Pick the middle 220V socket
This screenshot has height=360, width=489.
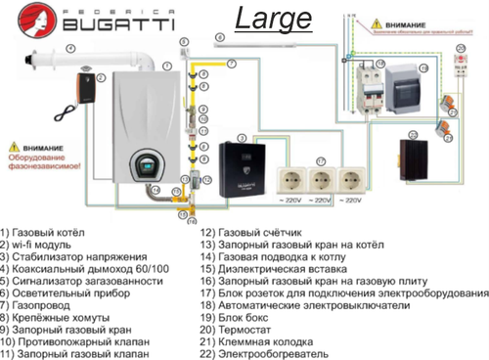click(320, 182)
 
